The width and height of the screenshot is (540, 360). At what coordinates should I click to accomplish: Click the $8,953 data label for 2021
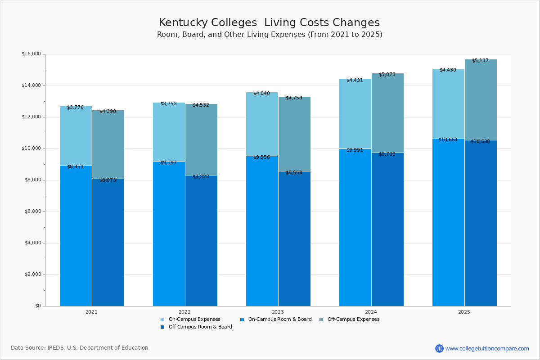(75, 167)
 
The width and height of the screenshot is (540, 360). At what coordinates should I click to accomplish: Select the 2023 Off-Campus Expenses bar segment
(294, 134)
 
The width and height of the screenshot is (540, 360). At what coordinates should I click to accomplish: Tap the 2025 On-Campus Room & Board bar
(448, 222)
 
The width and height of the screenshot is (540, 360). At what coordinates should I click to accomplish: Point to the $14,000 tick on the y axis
(31, 85)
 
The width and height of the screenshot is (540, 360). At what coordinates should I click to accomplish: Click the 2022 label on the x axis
(184, 312)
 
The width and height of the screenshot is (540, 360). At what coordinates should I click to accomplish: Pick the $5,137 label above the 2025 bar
(480, 61)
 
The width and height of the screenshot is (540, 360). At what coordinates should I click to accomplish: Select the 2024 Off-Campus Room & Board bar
(387, 229)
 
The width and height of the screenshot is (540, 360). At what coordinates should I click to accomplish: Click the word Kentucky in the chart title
(183, 23)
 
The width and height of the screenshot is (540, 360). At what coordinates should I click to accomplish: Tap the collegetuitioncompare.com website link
(487, 348)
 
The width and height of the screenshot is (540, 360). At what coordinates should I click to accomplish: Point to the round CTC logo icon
(439, 348)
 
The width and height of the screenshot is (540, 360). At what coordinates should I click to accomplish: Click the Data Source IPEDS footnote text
(80, 348)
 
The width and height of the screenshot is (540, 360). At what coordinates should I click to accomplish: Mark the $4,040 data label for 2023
(261, 94)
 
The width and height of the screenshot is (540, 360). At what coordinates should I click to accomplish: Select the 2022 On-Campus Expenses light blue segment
(169, 132)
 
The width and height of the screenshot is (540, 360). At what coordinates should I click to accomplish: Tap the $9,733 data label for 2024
(387, 154)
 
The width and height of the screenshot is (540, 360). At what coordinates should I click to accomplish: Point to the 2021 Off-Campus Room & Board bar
(108, 243)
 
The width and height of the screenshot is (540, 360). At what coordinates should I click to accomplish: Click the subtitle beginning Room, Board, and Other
(270, 35)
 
